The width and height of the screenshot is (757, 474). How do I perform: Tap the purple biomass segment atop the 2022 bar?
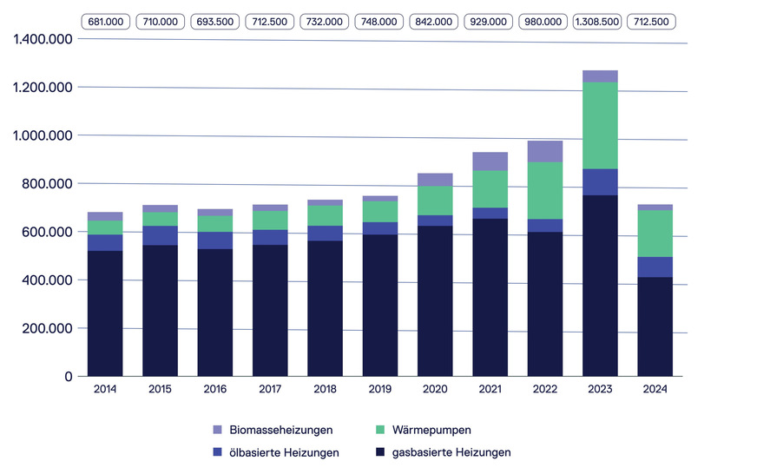(545, 151)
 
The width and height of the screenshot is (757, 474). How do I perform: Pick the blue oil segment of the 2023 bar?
(600, 182)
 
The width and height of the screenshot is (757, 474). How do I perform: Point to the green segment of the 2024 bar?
(655, 234)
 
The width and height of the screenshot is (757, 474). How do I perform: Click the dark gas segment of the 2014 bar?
(105, 313)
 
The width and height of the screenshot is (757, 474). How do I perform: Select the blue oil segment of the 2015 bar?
(160, 235)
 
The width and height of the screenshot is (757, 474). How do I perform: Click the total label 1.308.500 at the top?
(600, 21)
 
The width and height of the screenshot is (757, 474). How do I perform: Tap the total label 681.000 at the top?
(105, 21)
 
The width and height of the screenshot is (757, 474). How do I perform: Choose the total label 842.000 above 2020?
(435, 21)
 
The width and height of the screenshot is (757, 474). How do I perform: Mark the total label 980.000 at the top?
(545, 21)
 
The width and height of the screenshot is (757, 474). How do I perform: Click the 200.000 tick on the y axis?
(41, 328)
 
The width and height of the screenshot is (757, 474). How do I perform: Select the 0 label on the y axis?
(66, 377)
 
